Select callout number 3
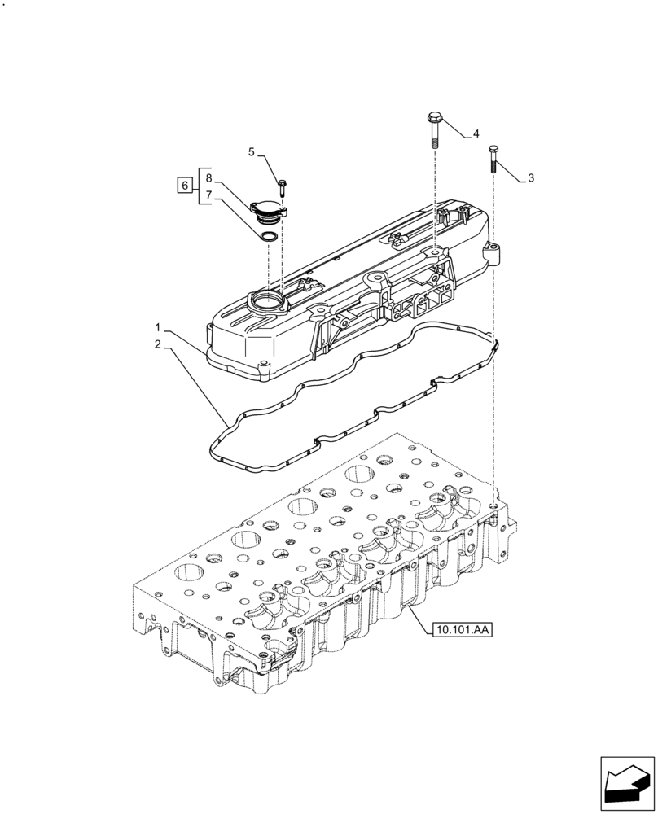531,178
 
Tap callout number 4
475,133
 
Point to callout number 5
252,151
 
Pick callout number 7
209,195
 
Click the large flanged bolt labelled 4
433,127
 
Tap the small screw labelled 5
281,187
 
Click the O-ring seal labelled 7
267,237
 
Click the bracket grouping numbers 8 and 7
199,186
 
